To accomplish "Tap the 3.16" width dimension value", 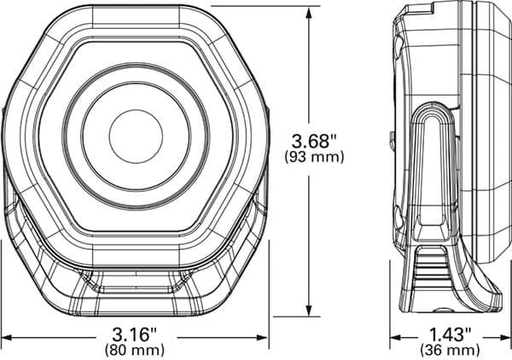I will point(135,334).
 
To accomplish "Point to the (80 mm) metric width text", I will point(135,349).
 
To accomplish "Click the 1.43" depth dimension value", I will point(451,334).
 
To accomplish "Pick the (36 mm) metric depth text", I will point(451,349).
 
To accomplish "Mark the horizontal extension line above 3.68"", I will point(256,5).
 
